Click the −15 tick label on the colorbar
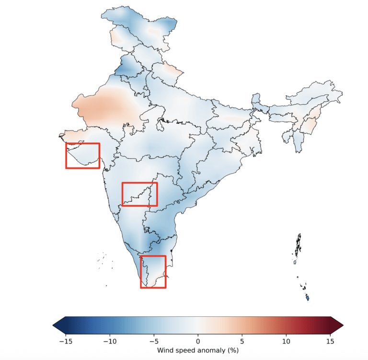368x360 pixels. [x=66, y=341]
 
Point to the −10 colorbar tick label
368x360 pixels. [x=110, y=341]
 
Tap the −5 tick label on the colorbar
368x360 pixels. [x=154, y=341]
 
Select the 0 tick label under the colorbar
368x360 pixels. [x=198, y=341]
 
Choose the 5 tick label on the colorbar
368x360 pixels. [x=242, y=341]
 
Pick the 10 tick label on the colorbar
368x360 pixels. [x=286, y=341]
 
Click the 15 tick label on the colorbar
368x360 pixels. [x=330, y=341]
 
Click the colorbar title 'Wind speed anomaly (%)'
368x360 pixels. [x=198, y=350]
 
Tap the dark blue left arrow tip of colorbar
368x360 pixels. [x=53, y=325]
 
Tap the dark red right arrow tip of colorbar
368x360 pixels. [x=343, y=325]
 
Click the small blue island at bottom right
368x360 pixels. [x=308, y=298]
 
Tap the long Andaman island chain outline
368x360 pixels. [x=298, y=245]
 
